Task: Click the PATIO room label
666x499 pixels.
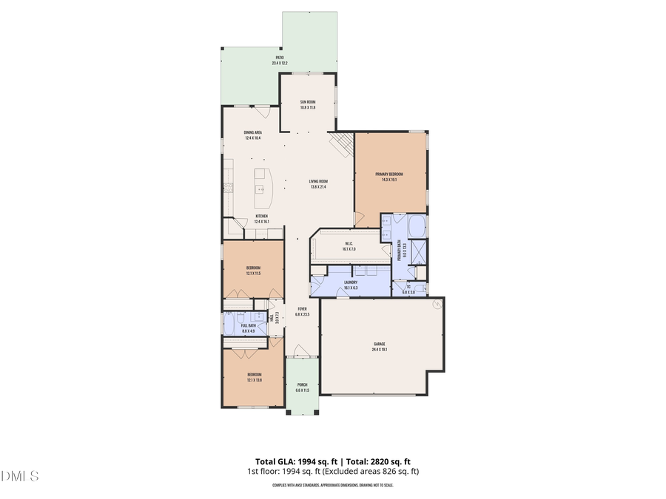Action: [280, 57]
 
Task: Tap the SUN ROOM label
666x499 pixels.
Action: [308, 102]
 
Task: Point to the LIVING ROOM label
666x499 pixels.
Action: [318, 182]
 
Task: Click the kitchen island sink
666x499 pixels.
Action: [260, 189]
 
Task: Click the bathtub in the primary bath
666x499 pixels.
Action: [417, 225]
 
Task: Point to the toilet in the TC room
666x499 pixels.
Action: [420, 288]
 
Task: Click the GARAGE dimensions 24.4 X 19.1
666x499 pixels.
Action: [380, 350]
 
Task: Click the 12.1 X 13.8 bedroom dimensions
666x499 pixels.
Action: [254, 380]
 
